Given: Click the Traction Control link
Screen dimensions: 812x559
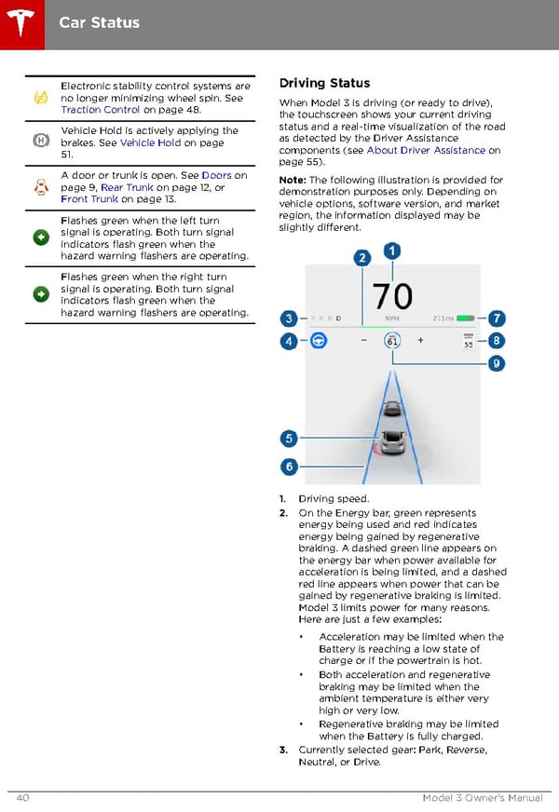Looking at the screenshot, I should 101,109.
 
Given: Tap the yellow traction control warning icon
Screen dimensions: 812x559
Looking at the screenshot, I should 41,97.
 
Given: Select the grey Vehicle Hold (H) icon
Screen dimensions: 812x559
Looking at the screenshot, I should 41,142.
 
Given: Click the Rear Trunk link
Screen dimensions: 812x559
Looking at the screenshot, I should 127,187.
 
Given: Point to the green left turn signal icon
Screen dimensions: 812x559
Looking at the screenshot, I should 41,237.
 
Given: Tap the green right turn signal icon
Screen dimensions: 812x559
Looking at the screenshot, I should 41,294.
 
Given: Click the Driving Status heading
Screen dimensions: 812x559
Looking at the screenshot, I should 324,83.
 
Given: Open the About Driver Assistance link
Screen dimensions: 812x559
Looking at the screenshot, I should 426,150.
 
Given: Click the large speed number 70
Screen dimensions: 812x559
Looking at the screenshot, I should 392,296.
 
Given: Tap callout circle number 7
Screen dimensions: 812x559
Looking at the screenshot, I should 498,318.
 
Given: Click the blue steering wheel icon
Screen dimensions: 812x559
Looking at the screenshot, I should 320,341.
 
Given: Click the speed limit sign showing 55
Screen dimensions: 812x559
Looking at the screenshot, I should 468,342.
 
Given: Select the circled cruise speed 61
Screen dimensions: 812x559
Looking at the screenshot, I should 392,341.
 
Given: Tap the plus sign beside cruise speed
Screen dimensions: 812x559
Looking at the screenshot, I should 420,341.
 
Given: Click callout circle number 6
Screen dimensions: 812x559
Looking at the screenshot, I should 290,467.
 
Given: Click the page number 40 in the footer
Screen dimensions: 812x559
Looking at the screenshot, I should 21,798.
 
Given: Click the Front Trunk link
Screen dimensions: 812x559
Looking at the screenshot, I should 89,198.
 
